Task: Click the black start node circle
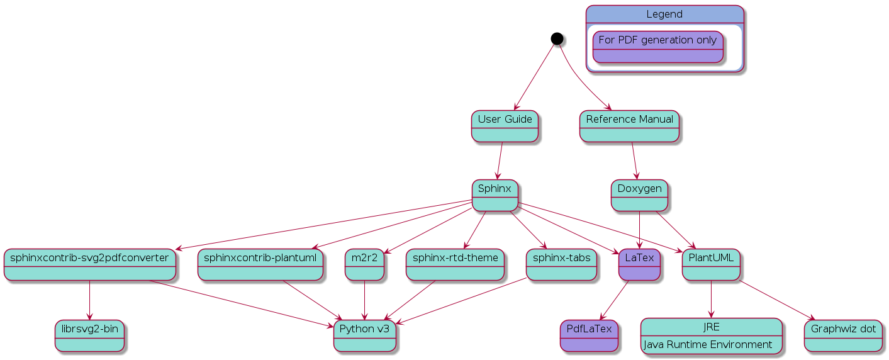[x=557, y=38]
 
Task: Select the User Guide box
[x=505, y=126]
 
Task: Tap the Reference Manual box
[x=629, y=126]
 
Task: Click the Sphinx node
[x=495, y=195]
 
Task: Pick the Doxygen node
[x=639, y=195]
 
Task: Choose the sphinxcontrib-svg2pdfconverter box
[x=89, y=264]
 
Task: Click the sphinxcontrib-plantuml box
[x=260, y=264]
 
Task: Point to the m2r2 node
[x=364, y=264]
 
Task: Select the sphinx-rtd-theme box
[x=455, y=264]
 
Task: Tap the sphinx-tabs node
[x=561, y=264]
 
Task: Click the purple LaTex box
[x=640, y=264]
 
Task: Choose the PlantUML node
[x=711, y=264]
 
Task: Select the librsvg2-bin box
[x=89, y=335]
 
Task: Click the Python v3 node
[x=365, y=335]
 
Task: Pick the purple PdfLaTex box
[x=589, y=335]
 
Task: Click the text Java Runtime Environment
[x=707, y=345]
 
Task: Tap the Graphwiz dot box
[x=843, y=335]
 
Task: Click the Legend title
[x=664, y=14]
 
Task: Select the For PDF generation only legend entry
[x=657, y=47]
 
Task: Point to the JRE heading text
[x=711, y=327]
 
